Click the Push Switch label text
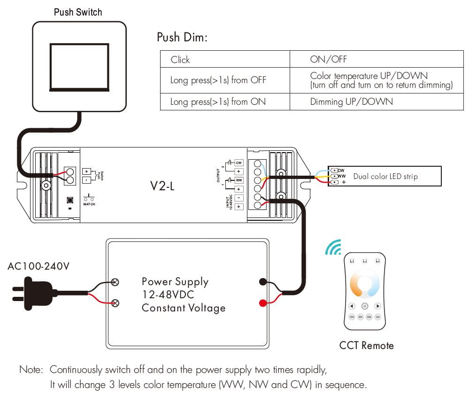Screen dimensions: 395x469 coord(78,12)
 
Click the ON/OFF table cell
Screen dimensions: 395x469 coord(328,59)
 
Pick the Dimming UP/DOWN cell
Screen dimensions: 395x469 coord(351,101)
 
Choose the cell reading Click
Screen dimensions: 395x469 coord(180,60)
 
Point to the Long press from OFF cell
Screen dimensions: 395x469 coord(218,80)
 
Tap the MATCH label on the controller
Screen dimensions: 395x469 coord(89,204)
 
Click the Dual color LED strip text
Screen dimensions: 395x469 coord(385,177)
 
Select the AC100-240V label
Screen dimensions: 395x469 coord(38,267)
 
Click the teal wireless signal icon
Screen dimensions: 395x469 coord(334,248)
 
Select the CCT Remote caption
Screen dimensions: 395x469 coord(366,346)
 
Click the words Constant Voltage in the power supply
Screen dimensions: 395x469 coord(184,308)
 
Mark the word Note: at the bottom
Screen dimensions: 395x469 coord(31,370)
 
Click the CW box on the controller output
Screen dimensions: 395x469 coord(238,162)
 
